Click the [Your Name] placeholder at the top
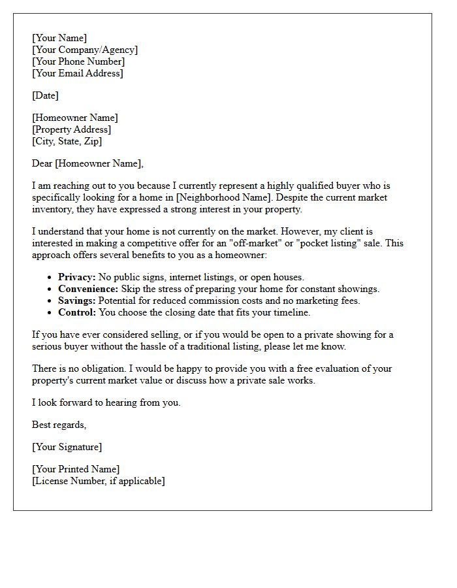pos(59,39)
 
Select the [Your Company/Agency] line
pos(85,50)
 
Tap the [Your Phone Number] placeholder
pos(78,62)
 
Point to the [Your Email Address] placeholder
pos(77,74)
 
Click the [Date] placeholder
pos(45,96)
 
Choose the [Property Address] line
pos(71,130)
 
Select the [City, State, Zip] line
pos(67,142)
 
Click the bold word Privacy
pos(76,278)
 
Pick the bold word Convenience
pos(88,289)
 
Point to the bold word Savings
pos(77,301)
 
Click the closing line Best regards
pos(59,425)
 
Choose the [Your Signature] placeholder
pos(67,448)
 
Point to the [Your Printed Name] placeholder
pos(76,470)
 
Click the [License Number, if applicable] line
pos(98,482)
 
